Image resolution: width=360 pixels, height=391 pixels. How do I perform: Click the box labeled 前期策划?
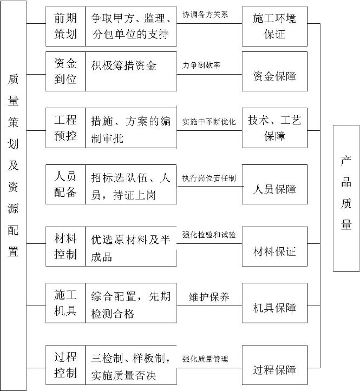[x=66, y=26]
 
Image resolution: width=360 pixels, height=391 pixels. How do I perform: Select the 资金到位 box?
[x=66, y=71]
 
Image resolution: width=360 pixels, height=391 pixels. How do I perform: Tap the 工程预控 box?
[x=66, y=128]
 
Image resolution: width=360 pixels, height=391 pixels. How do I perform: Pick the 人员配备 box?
[x=66, y=184]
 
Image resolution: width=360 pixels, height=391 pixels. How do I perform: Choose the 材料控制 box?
[x=66, y=247]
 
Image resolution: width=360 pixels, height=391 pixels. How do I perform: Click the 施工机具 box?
[x=66, y=303]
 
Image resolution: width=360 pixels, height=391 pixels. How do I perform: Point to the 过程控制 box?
[x=66, y=365]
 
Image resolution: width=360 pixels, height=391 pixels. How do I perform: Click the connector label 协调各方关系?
[x=205, y=15]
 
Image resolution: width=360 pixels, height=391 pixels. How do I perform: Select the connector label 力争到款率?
[x=201, y=65]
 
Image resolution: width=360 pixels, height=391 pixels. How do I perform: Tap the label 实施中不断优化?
[x=209, y=122]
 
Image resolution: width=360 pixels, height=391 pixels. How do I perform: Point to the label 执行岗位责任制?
[x=209, y=178]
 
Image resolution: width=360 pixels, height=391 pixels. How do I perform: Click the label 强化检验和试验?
[x=209, y=235]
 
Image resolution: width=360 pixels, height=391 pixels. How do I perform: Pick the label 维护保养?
[x=209, y=297]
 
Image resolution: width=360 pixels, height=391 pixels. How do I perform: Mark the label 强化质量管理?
[x=205, y=359]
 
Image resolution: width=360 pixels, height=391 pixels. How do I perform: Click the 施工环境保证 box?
[x=274, y=26]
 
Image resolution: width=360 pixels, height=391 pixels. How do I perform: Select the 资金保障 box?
[x=274, y=71]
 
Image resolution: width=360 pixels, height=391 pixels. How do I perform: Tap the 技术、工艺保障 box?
[x=274, y=128]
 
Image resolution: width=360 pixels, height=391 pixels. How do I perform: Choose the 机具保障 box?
[x=274, y=303]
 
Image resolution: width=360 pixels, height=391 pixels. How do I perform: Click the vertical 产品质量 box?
[x=346, y=198]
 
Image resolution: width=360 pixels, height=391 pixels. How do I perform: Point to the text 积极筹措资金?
[x=123, y=66]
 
